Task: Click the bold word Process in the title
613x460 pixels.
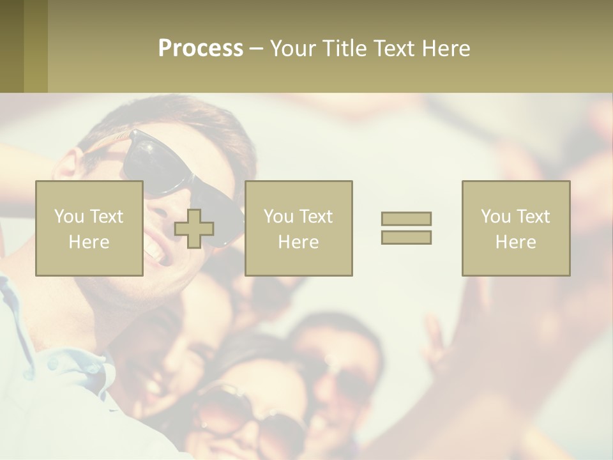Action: point(201,49)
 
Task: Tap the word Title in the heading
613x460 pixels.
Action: point(344,49)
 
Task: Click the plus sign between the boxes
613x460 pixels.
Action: point(194,229)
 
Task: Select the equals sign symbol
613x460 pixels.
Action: point(406,228)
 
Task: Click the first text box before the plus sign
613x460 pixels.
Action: point(89,229)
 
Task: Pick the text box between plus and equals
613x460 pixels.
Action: point(299,229)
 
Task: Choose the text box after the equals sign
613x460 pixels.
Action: point(516,229)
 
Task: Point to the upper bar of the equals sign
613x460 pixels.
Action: point(406,218)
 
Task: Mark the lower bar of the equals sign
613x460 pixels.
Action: point(406,238)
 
